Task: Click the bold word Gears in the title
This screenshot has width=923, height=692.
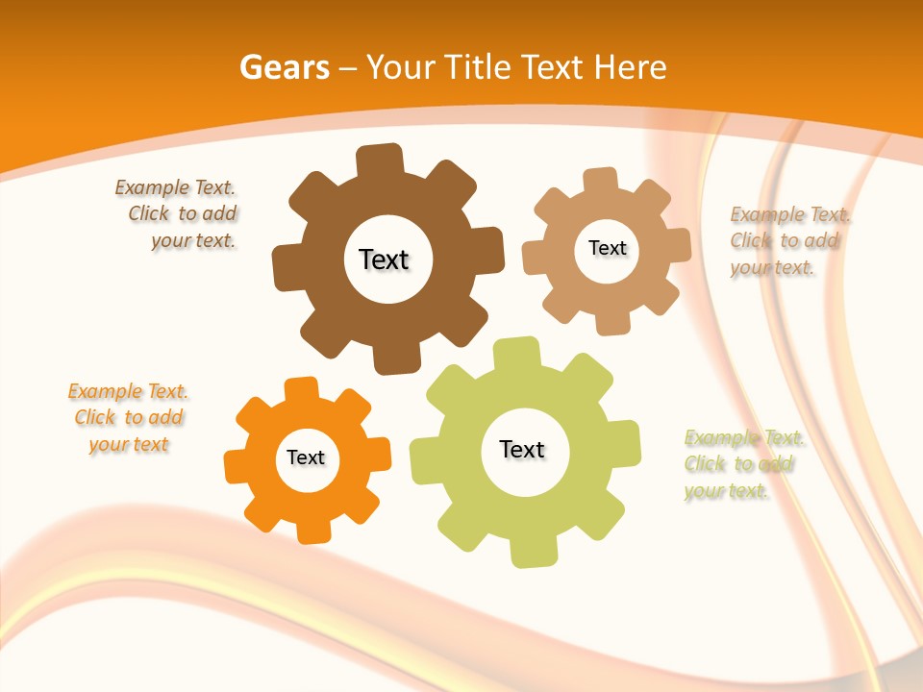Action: [x=284, y=67]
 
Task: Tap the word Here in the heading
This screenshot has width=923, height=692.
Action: [x=630, y=67]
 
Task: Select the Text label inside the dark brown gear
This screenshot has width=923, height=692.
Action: [x=384, y=259]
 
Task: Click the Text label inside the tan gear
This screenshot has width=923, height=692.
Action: [x=607, y=248]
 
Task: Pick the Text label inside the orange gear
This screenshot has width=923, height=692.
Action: [x=306, y=458]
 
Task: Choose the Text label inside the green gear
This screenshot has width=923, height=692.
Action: [x=522, y=450]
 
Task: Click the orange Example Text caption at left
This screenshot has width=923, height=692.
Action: [x=128, y=418]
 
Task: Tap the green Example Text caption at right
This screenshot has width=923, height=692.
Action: [x=742, y=464]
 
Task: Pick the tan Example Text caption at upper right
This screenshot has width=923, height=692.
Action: [x=788, y=241]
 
